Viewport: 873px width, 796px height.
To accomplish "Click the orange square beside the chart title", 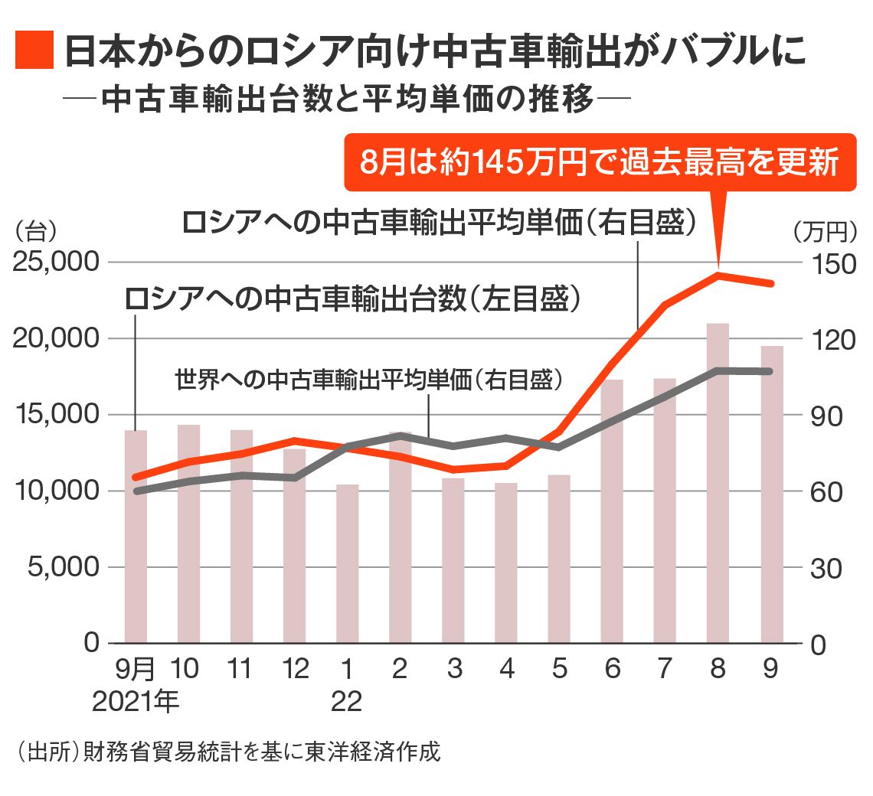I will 34,51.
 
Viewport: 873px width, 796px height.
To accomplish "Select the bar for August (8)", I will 718,482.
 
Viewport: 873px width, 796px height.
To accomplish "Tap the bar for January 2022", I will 347,563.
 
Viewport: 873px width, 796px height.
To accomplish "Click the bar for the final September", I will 771,494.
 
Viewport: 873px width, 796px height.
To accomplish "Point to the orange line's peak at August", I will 718,274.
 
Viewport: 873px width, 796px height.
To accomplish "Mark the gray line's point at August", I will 718,370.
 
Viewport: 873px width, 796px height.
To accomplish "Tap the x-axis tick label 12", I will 294,669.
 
